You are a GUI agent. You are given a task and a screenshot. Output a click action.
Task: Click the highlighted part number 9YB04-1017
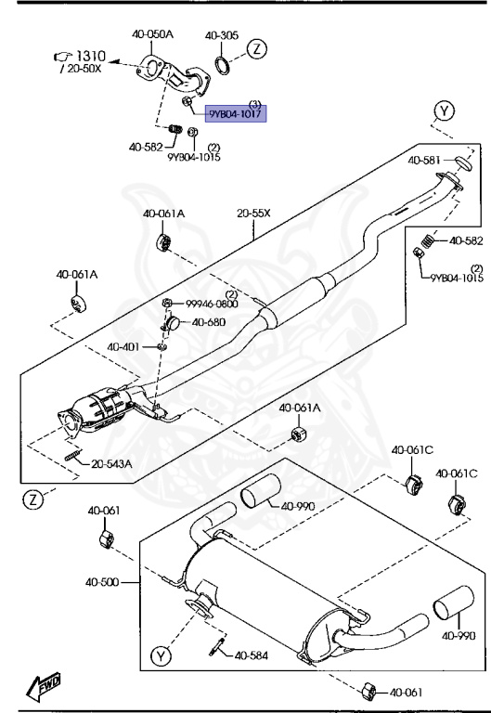pyautogui.click(x=236, y=114)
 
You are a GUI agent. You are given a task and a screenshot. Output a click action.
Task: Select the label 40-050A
pyautogui.click(x=152, y=34)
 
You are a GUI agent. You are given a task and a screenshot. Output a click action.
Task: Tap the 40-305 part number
pyautogui.click(x=222, y=35)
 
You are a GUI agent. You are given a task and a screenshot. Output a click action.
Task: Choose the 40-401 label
pyautogui.click(x=123, y=347)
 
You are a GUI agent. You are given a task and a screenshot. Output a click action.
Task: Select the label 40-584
pyautogui.click(x=251, y=655)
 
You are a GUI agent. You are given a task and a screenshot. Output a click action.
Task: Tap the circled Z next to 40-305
pyautogui.click(x=257, y=47)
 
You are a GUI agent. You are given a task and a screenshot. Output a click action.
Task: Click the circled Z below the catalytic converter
pyautogui.click(x=32, y=499)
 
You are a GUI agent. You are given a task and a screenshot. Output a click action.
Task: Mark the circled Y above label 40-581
pyautogui.click(x=445, y=112)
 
